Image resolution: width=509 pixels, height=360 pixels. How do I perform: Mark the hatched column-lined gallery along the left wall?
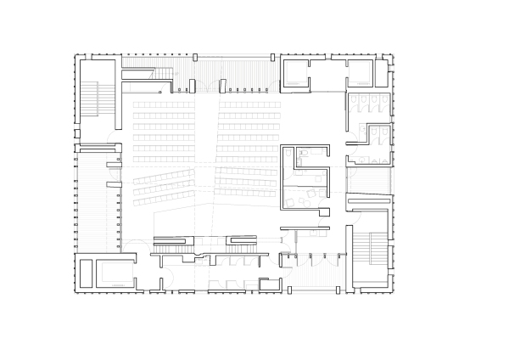point(93,200)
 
